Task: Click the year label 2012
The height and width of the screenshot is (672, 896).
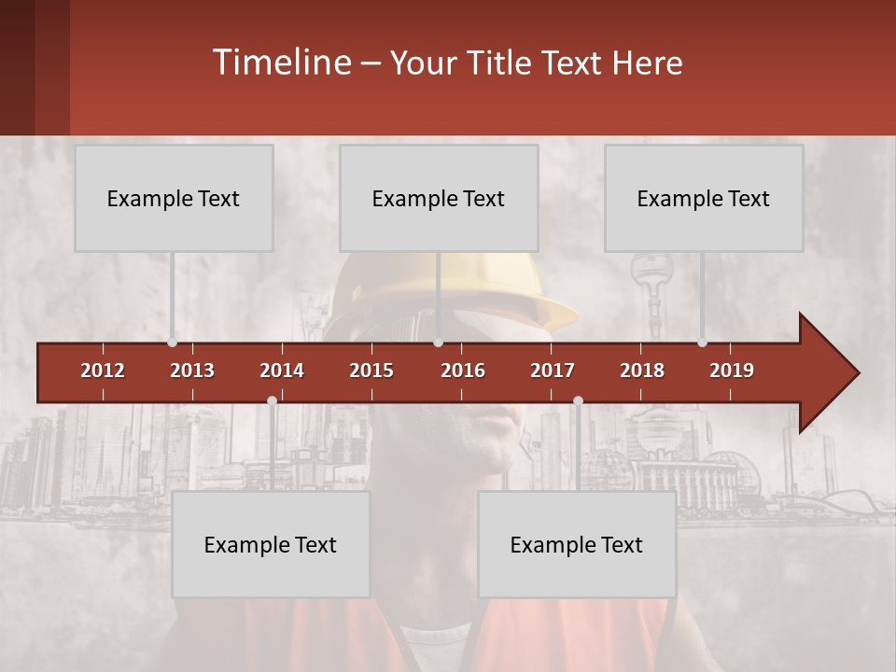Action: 103,371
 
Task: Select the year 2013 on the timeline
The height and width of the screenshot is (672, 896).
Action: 192,371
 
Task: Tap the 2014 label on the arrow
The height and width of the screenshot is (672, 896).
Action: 282,371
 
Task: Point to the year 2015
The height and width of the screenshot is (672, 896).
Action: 371,371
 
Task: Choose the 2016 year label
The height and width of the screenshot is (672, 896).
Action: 463,371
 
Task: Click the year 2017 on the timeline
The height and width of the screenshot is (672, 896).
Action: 553,371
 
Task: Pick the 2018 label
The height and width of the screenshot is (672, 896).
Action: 642,371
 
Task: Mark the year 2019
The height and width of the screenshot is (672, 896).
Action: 732,371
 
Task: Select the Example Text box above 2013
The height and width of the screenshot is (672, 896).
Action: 174,198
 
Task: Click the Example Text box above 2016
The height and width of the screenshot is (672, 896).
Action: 439,198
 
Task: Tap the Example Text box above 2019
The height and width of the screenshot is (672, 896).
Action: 704,198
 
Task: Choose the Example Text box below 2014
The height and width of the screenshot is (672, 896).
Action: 271,544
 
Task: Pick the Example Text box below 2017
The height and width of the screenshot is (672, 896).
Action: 577,544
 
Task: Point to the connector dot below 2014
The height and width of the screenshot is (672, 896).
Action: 272,400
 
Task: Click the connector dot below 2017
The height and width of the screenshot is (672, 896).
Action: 578,400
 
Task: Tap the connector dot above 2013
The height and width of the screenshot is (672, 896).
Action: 173,343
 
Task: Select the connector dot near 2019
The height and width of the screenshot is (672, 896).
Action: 703,343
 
